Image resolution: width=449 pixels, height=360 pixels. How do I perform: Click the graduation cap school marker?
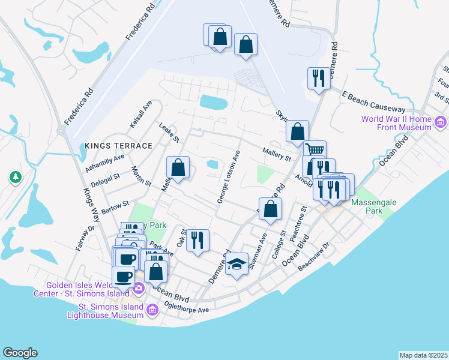237,265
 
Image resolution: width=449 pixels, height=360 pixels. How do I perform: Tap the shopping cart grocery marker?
315,150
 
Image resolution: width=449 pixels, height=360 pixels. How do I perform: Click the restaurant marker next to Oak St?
197,241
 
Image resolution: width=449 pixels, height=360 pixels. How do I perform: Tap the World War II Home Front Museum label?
396,123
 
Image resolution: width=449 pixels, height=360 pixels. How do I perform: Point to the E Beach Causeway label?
373,103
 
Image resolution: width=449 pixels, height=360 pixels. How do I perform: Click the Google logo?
20,353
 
